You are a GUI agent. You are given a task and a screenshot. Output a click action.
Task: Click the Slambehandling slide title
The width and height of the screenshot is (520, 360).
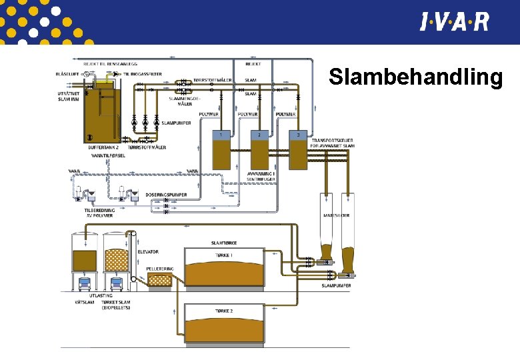click(x=415, y=78)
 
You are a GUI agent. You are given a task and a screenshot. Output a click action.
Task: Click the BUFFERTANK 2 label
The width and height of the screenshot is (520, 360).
click(x=103, y=147)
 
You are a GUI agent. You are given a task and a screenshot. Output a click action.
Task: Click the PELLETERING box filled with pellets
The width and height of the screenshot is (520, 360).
click(x=160, y=281)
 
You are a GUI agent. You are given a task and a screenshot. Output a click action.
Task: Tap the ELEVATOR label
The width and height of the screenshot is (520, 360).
click(x=147, y=252)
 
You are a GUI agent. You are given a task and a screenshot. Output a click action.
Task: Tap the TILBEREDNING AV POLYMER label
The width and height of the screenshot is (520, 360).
click(x=99, y=213)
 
